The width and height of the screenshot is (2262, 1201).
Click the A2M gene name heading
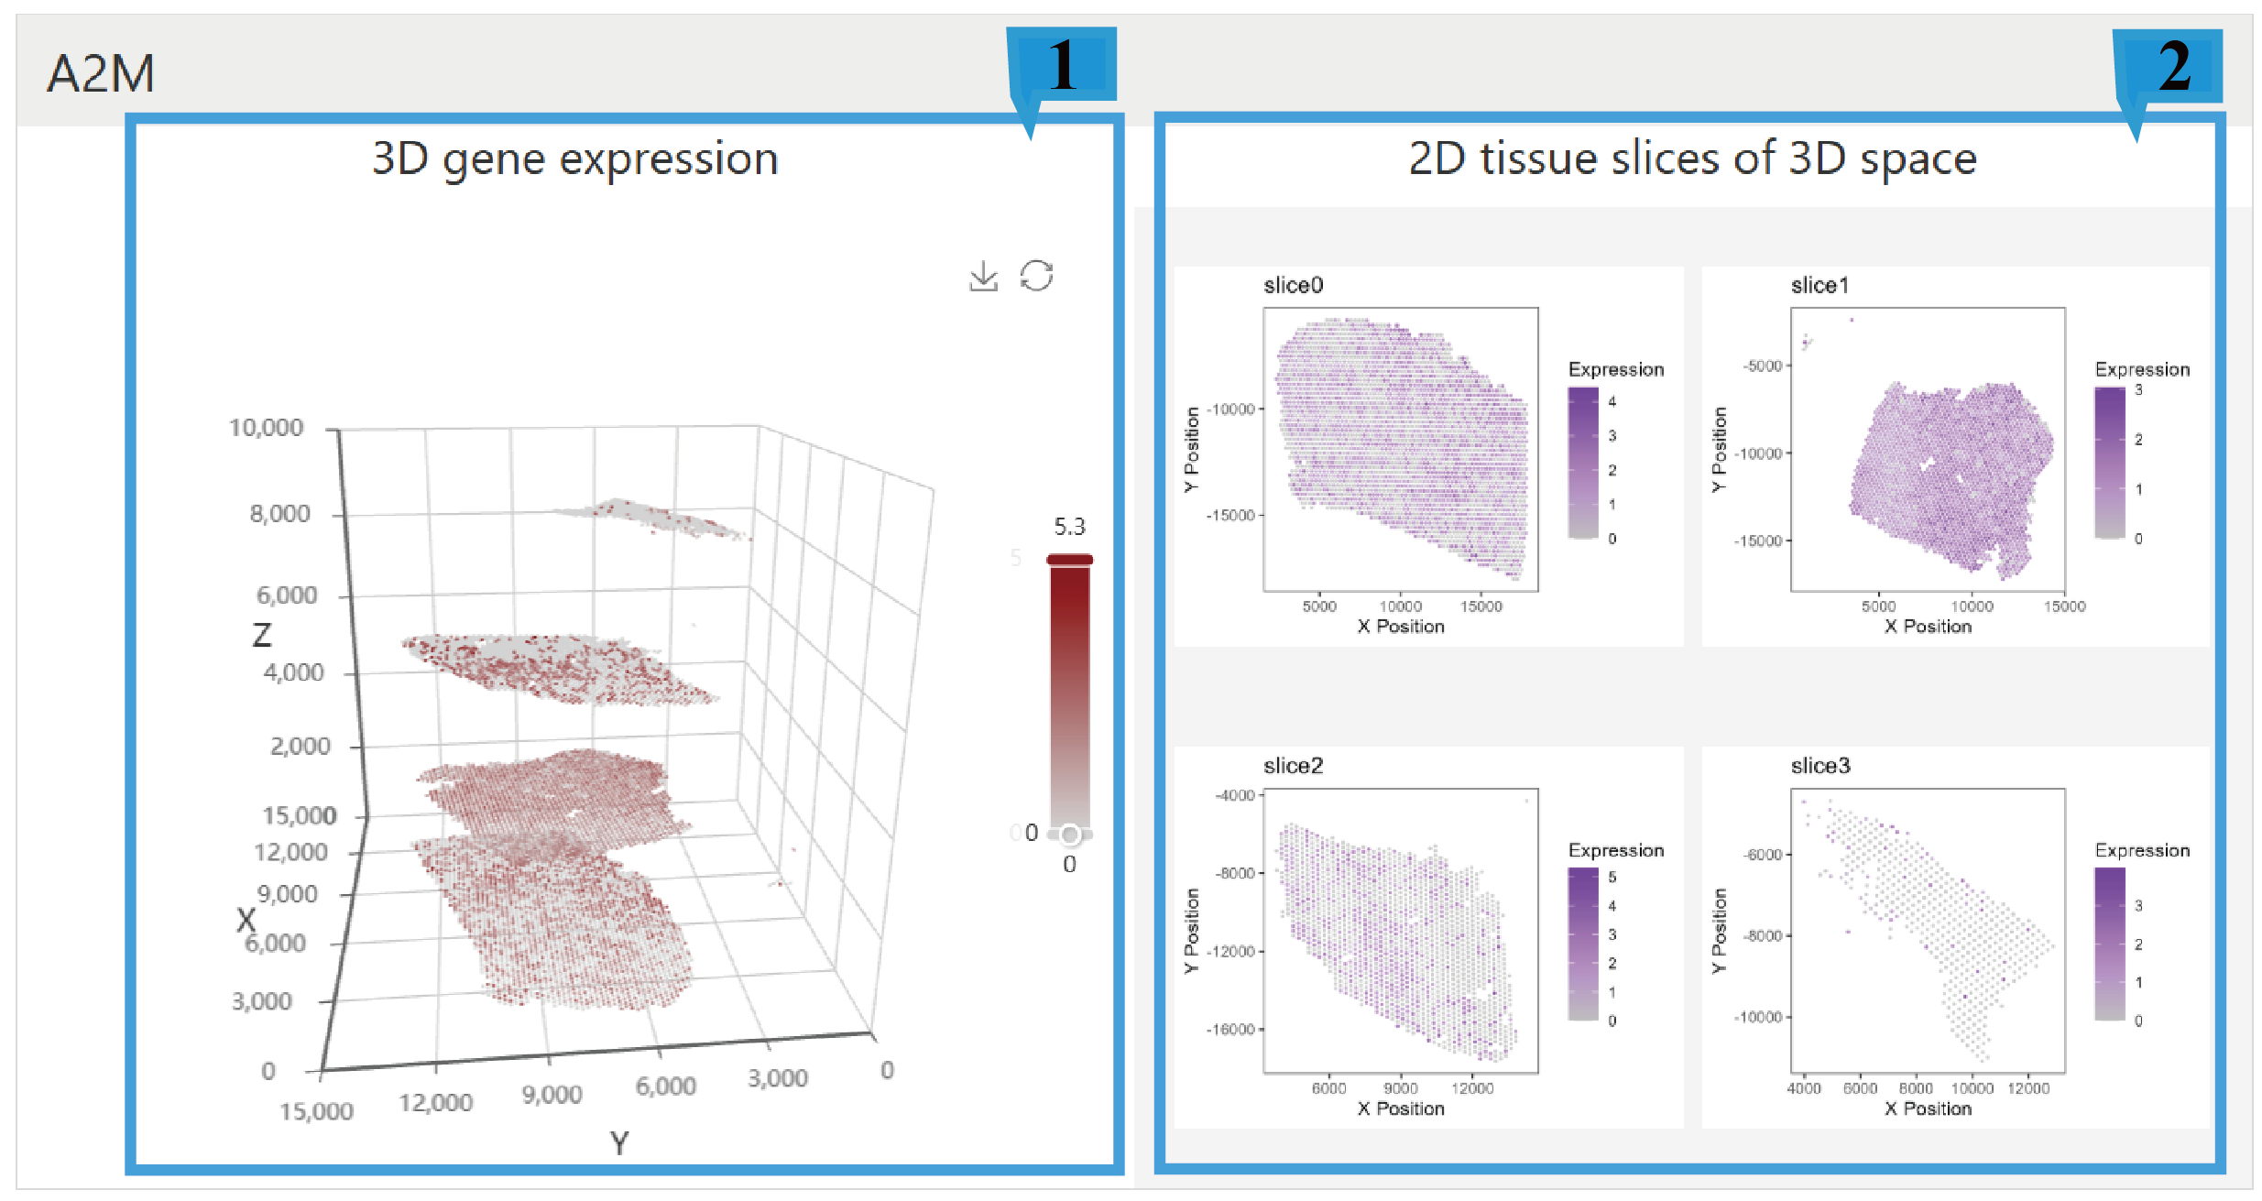pos(101,73)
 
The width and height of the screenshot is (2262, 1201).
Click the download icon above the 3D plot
pos(983,276)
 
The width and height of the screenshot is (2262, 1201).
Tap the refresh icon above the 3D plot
pos(1036,276)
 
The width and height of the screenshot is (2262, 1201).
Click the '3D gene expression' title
pos(574,159)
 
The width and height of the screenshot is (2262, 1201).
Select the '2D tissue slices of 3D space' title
pos(1691,158)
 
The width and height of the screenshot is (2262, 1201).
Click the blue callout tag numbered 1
pos(1063,66)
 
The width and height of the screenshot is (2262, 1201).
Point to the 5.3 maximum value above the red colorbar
pos(1068,527)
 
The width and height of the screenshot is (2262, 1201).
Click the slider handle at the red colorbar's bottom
pos(1069,835)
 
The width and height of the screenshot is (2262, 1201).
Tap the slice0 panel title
pos(1293,286)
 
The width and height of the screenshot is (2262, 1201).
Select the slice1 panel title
pos(1819,286)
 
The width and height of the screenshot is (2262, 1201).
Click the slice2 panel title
pos(1293,766)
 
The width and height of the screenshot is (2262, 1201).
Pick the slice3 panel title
pos(1819,766)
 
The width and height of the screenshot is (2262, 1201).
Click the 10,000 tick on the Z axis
pos(266,428)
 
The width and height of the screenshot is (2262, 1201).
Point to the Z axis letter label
pos(262,635)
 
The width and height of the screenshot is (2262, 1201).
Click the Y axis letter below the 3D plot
pos(619,1143)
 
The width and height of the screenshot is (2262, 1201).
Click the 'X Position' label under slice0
pos(1400,627)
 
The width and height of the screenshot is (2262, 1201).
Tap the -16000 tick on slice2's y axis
pos(1229,1030)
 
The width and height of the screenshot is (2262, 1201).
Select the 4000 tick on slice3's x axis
pos(1803,1088)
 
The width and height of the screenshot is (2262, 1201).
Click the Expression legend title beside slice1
pos(2141,369)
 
